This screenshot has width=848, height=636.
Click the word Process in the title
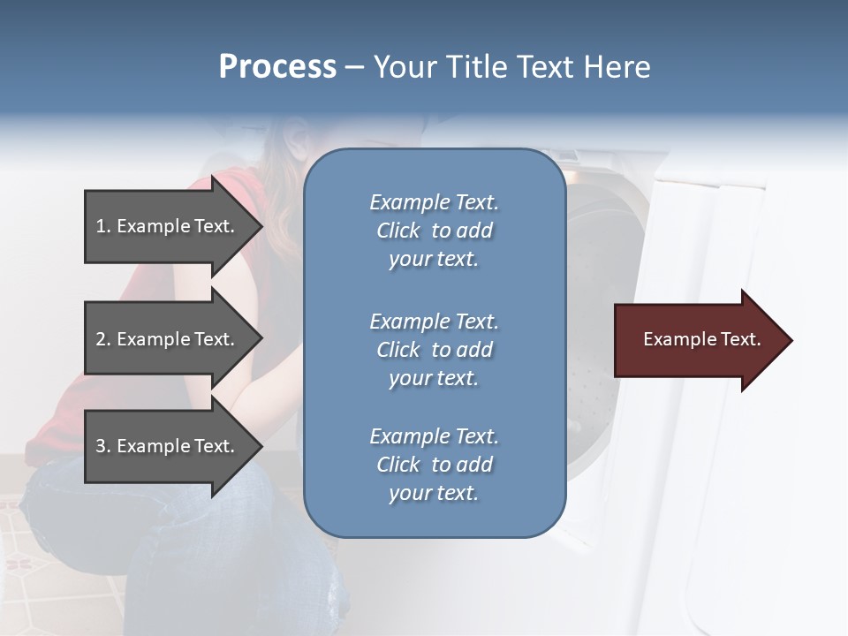[x=277, y=67]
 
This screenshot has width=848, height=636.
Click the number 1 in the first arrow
[x=101, y=226]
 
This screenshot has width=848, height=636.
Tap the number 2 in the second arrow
[x=101, y=339]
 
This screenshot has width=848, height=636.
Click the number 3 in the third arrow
[x=101, y=446]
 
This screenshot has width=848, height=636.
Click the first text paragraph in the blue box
[x=434, y=231]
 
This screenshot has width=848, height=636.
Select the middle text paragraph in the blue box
[x=434, y=350]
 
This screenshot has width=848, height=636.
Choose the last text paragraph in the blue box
[x=434, y=465]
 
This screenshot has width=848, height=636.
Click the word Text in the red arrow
[x=740, y=339]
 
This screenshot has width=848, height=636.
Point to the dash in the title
[x=354, y=67]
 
